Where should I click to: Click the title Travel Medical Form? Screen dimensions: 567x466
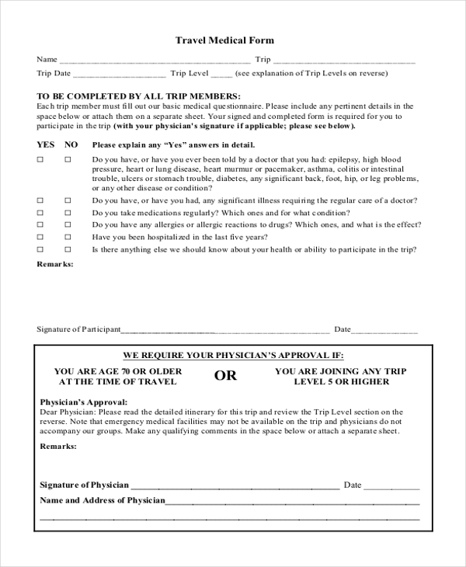click(224, 40)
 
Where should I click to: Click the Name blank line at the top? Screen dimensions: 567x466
click(155, 61)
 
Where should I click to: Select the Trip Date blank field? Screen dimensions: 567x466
click(120, 75)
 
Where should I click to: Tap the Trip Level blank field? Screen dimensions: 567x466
click(221, 75)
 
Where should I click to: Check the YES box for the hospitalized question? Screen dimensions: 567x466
click(41, 237)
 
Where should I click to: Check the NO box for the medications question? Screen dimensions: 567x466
click(68, 212)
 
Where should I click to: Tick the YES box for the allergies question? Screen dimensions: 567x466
click(41, 224)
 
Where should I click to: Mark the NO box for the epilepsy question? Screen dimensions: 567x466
click(68, 159)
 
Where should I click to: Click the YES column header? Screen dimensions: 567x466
click(46, 144)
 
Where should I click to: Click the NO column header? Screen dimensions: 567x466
click(71, 144)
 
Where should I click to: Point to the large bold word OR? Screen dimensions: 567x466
click(226, 377)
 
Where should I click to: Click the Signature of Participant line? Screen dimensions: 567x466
click(225, 330)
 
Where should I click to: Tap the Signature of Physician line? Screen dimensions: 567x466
click(234, 486)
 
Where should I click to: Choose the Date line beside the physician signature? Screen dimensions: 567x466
click(391, 486)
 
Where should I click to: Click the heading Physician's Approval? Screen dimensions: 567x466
click(78, 402)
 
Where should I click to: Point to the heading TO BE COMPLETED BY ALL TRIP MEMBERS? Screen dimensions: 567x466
click(129, 96)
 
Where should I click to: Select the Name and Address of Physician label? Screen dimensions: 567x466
click(103, 501)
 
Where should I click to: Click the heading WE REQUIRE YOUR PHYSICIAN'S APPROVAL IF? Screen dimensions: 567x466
click(232, 353)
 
